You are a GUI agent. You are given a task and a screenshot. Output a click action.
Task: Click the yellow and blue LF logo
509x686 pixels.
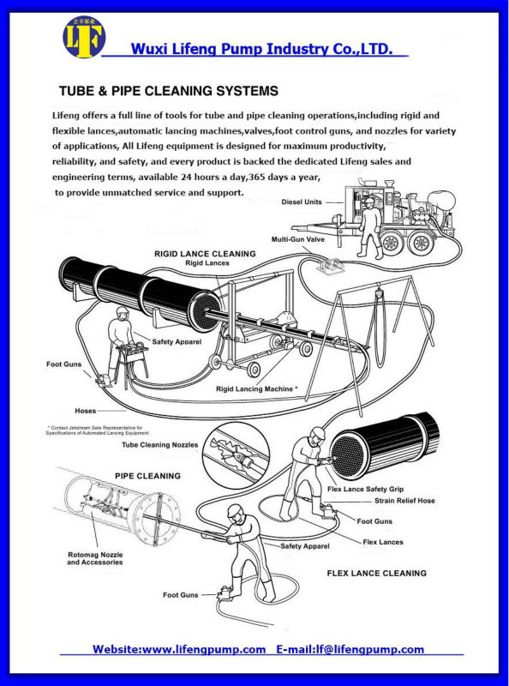click(x=84, y=37)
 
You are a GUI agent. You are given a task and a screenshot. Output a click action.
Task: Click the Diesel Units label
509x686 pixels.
click(x=302, y=202)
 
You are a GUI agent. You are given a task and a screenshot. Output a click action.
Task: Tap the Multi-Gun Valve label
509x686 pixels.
click(x=298, y=239)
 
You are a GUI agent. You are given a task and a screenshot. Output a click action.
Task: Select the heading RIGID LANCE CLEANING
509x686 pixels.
click(x=205, y=254)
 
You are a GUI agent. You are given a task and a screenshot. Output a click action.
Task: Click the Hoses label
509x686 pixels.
click(x=86, y=411)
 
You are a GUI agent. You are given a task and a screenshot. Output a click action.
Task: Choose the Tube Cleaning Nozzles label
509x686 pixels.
click(x=159, y=445)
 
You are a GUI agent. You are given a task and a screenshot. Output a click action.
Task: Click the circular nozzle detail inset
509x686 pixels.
click(x=237, y=455)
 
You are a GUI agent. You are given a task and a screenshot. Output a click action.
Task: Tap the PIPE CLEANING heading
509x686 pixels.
click(x=147, y=476)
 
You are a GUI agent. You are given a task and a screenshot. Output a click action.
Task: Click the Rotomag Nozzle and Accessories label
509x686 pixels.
click(x=95, y=558)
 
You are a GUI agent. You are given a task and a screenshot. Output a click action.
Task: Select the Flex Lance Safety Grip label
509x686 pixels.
click(x=365, y=489)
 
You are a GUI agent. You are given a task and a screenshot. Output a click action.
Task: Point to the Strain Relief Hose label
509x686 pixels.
click(x=404, y=501)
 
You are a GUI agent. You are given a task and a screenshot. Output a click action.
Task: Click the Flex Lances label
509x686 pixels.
click(x=383, y=542)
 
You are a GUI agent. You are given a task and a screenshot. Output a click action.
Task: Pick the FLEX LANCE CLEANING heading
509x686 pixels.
click(x=376, y=573)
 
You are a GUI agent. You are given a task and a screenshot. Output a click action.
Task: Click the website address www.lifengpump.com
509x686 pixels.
click(x=204, y=650)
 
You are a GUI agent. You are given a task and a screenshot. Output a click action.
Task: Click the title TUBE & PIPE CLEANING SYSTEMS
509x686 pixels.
click(x=169, y=91)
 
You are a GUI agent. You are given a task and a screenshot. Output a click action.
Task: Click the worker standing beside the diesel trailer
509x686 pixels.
click(x=370, y=227)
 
